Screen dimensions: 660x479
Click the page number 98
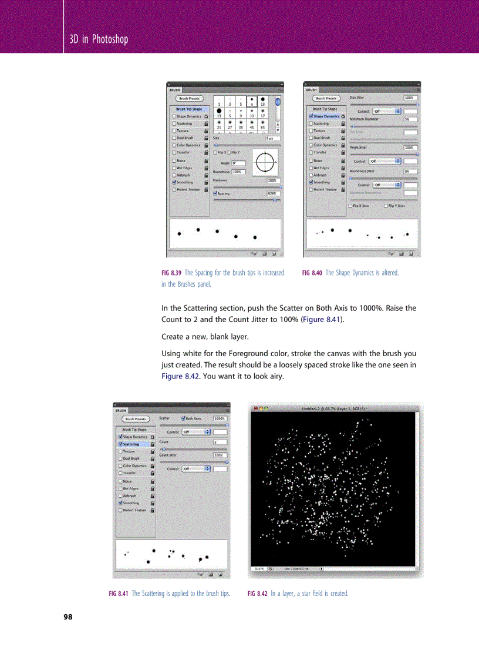point(68,617)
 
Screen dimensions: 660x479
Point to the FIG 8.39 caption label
point(171,273)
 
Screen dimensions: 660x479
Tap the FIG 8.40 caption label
point(312,273)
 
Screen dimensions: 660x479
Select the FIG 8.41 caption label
point(119,594)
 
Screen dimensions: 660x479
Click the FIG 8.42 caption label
point(258,594)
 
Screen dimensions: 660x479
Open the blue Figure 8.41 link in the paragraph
point(322,320)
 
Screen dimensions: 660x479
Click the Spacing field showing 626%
point(273,193)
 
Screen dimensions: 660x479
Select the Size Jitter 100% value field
point(410,98)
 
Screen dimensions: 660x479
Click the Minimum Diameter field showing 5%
point(410,119)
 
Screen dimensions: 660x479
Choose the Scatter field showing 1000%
point(220,418)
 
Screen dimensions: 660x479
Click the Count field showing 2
point(220,442)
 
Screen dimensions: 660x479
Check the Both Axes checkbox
point(184,418)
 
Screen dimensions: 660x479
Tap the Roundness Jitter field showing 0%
point(410,171)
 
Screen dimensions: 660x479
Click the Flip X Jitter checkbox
point(350,206)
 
